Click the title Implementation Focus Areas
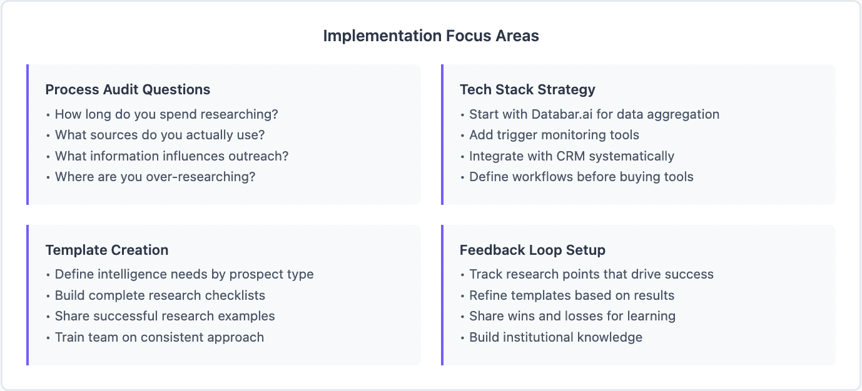(430, 36)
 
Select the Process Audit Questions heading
(128, 90)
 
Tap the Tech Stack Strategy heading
(527, 90)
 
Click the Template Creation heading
(107, 250)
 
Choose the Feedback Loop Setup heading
(532, 250)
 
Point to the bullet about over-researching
(155, 177)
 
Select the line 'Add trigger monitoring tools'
(554, 136)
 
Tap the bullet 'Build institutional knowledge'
(555, 337)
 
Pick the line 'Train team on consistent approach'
(159, 337)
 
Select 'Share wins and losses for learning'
(572, 316)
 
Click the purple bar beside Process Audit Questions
(28, 134)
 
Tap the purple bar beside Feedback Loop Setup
(442, 295)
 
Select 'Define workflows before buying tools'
(581, 177)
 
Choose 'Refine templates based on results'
(572, 295)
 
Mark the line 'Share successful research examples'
(165, 316)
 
